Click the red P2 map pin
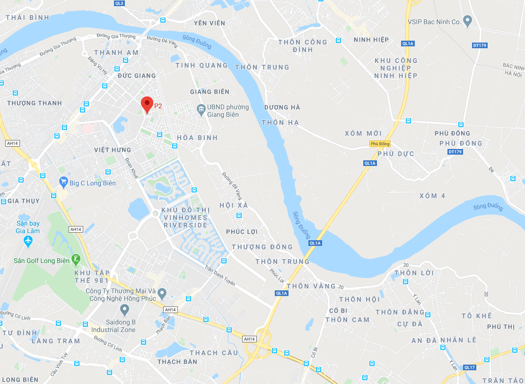(x=147, y=104)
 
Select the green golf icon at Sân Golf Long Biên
(x=75, y=259)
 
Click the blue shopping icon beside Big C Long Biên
(x=63, y=182)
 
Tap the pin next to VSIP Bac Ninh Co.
(x=467, y=21)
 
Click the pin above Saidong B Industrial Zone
(x=125, y=310)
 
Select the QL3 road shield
(x=119, y=3)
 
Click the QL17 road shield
(x=469, y=367)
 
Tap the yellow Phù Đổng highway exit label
(x=380, y=144)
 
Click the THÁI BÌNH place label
(x=27, y=18)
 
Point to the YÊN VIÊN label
(x=210, y=23)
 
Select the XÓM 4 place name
(x=432, y=196)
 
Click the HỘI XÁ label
(x=234, y=205)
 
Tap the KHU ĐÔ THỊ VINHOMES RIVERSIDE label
(x=185, y=218)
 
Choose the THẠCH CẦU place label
(x=210, y=353)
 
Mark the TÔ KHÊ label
(x=477, y=316)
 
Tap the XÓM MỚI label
(x=363, y=134)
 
